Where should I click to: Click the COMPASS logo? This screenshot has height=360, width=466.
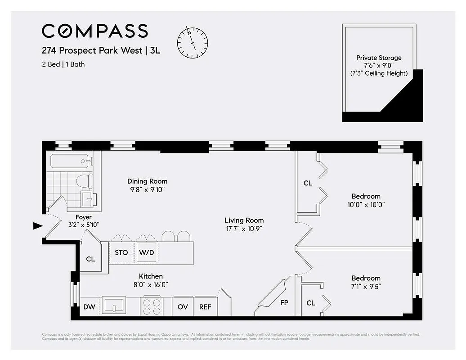click(x=95, y=31)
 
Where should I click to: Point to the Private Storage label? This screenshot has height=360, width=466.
click(x=379, y=58)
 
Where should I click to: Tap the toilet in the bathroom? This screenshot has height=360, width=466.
click(x=84, y=181)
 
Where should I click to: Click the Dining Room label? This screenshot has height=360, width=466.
click(x=147, y=181)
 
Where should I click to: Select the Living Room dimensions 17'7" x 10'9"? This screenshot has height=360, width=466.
click(x=244, y=229)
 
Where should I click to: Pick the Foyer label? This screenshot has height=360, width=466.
click(x=83, y=217)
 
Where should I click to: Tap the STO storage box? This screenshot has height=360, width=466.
click(x=121, y=252)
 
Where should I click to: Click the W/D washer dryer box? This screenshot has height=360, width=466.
click(x=147, y=252)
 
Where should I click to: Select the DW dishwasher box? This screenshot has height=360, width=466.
click(x=89, y=307)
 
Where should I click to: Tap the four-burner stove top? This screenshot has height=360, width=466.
click(x=152, y=306)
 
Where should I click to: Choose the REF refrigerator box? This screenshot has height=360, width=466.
click(x=205, y=307)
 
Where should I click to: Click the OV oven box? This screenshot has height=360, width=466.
click(x=183, y=307)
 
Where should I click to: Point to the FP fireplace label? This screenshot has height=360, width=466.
click(x=284, y=303)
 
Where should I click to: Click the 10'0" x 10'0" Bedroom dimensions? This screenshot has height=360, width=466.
click(x=366, y=204)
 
